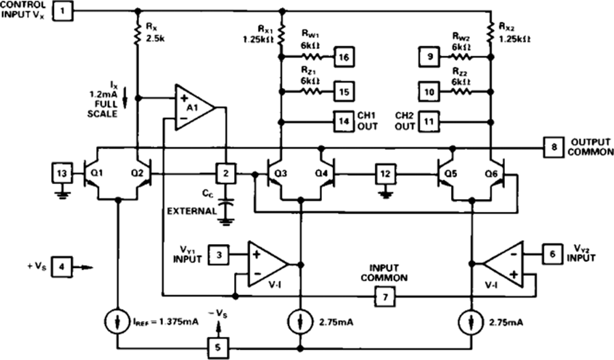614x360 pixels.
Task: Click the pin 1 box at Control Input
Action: [x=62, y=10]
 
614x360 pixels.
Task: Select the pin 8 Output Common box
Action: [x=553, y=147]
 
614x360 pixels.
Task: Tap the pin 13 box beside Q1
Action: [x=62, y=173]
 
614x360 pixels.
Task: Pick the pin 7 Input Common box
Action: [x=385, y=297]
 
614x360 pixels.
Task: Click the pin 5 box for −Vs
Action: [x=218, y=348]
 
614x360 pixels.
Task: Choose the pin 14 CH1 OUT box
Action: [x=344, y=121]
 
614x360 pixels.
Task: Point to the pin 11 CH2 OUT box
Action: [x=429, y=121]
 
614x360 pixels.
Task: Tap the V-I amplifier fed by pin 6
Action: [x=503, y=265]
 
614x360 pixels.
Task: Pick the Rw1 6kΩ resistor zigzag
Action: [x=312, y=57]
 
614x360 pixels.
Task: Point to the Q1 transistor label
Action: [x=96, y=172]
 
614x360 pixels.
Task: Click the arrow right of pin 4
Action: [x=83, y=268]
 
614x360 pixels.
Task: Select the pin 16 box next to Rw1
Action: [x=344, y=57]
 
